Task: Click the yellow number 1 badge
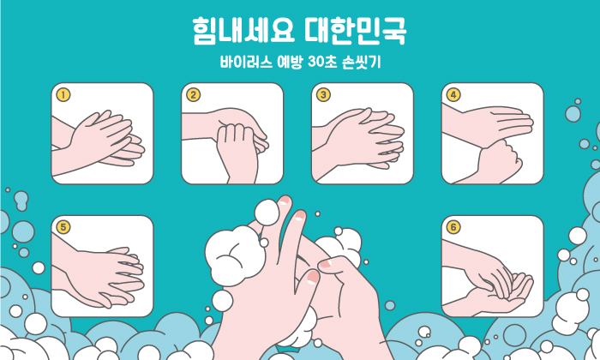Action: point(63,94)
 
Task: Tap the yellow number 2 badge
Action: point(193,94)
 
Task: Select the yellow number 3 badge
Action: point(323,94)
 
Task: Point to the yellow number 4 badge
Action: point(453,94)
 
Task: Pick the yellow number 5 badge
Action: point(63,227)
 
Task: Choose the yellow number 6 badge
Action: point(453,227)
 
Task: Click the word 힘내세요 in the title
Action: point(243,30)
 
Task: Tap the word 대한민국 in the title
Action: point(356,30)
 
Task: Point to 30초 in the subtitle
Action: point(322,62)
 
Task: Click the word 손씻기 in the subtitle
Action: point(361,62)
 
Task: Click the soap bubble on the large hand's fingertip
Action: point(267,213)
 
